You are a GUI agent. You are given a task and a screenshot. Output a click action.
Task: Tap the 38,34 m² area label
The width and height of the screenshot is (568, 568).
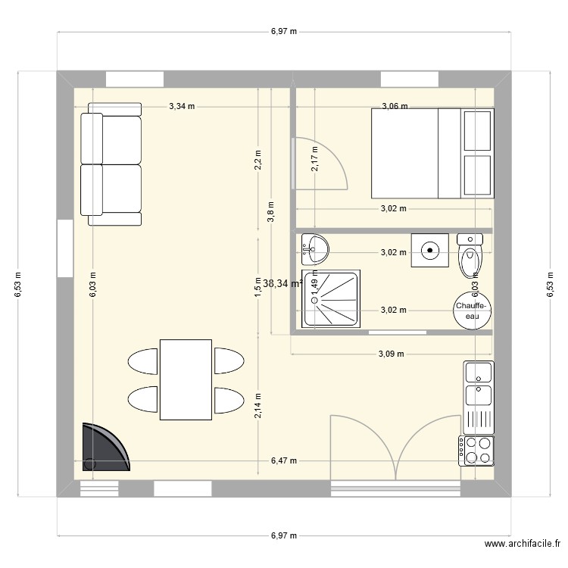(x=282, y=283)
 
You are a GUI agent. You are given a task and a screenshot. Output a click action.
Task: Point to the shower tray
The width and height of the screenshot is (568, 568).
(x=333, y=299)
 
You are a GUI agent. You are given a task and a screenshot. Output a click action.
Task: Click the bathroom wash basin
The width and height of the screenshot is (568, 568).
(x=315, y=245)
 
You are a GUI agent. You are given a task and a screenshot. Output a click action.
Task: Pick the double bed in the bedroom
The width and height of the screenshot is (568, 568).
(x=415, y=153)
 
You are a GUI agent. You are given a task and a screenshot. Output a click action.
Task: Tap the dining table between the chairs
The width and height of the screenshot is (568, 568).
(x=185, y=379)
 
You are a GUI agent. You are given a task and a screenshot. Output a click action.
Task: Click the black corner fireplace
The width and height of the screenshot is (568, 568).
(x=102, y=448)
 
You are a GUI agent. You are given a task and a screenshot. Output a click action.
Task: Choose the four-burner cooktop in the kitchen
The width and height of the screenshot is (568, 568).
(x=476, y=450)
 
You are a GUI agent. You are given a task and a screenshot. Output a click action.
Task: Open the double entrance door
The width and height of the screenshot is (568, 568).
(x=395, y=447)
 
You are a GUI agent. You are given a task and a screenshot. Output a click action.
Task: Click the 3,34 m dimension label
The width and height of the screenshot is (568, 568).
(x=182, y=107)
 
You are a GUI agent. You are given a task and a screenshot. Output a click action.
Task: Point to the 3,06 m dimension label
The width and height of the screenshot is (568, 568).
(x=395, y=107)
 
